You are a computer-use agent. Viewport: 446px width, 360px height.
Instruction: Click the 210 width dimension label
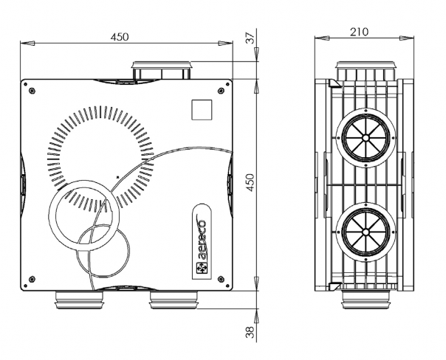click(359, 32)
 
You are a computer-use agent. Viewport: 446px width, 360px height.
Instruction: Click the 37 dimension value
click(250, 38)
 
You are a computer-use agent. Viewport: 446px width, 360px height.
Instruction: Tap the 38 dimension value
click(250, 332)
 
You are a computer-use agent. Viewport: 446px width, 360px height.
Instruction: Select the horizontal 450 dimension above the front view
click(120, 37)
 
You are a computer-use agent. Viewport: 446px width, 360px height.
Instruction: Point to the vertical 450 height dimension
click(250, 182)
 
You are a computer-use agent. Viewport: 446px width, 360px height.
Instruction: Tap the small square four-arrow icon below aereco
click(202, 268)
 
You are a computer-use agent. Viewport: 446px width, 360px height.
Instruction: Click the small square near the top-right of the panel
click(202, 110)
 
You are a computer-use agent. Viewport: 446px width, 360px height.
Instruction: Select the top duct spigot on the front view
click(161, 71)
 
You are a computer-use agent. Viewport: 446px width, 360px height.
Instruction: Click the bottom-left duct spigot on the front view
click(79, 300)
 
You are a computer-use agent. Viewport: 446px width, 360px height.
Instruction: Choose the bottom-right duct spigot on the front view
click(174, 300)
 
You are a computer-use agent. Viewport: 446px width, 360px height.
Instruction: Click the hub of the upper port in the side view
click(366, 138)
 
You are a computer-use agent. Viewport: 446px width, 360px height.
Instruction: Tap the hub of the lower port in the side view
click(366, 232)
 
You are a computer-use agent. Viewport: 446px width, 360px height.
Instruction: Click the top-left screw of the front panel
click(32, 91)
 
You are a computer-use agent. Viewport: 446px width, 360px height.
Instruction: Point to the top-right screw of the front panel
click(221, 91)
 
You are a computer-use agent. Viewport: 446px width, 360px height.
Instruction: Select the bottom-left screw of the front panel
click(32, 279)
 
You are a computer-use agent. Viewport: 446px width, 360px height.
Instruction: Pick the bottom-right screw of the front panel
click(221, 279)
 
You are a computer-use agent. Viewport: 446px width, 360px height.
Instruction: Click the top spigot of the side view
click(366, 70)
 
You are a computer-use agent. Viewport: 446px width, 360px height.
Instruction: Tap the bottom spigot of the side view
click(366, 300)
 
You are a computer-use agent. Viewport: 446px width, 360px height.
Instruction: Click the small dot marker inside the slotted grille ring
click(117, 177)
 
